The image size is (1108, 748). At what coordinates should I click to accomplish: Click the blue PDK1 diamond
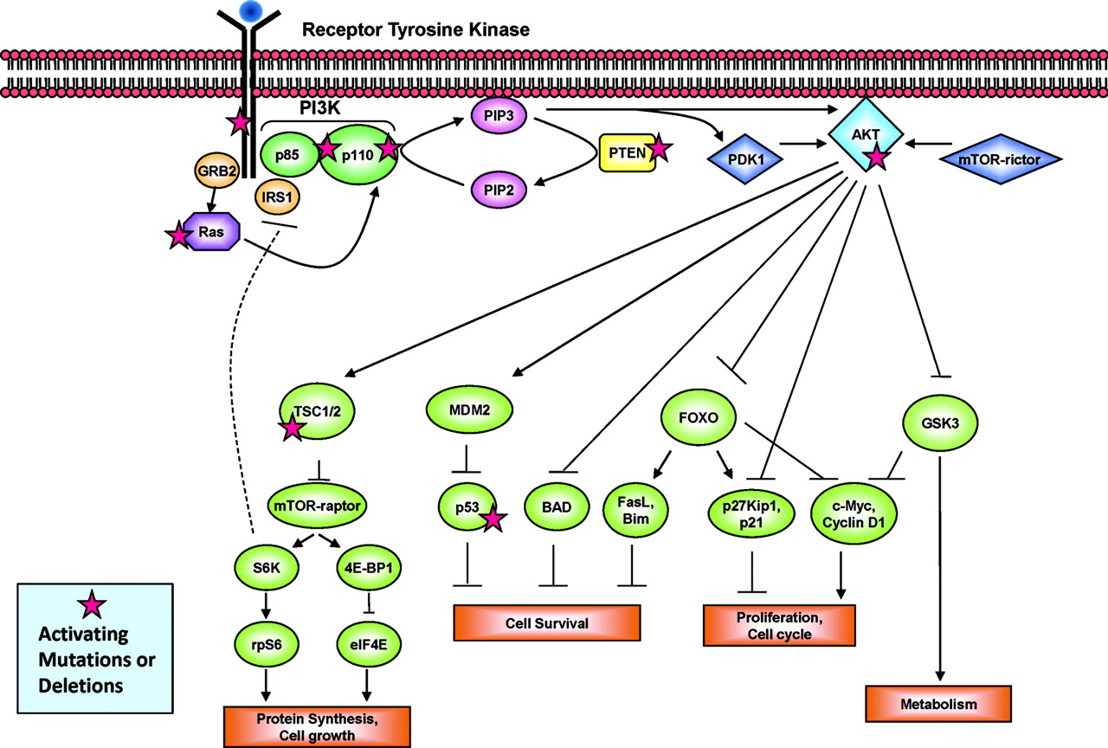pyautogui.click(x=742, y=159)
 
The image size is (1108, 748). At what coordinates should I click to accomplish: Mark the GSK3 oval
pyautogui.click(x=938, y=424)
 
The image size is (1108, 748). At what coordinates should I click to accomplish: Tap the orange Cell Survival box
pyautogui.click(x=547, y=623)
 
